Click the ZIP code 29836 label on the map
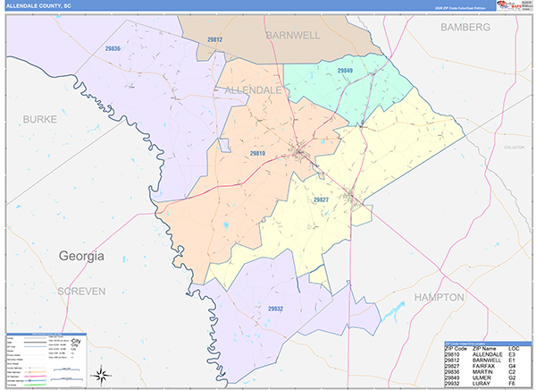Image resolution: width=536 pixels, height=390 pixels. [x=113, y=48]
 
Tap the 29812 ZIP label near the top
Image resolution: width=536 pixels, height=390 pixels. [x=214, y=40]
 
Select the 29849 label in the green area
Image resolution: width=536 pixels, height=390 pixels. [x=345, y=70]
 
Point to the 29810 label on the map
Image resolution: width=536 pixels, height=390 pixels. [x=257, y=154]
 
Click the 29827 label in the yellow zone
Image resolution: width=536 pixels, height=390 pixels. [x=322, y=199]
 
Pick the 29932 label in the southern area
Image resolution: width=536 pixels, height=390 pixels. [x=276, y=309]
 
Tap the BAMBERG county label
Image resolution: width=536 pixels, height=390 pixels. [x=465, y=28]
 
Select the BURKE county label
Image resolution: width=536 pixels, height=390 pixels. [x=40, y=119]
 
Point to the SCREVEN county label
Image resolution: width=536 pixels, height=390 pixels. [x=81, y=292]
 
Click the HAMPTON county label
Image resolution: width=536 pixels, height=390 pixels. [x=439, y=296]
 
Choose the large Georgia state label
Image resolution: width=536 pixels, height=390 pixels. [x=81, y=256]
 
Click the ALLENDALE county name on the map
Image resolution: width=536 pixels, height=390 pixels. [x=253, y=90]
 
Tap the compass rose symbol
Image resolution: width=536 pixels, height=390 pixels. [x=103, y=375]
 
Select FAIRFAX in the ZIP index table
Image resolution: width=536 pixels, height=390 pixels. [x=485, y=365]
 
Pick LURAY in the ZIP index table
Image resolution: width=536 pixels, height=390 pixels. [x=482, y=383]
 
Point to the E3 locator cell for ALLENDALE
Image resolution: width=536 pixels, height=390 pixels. [x=514, y=353]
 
